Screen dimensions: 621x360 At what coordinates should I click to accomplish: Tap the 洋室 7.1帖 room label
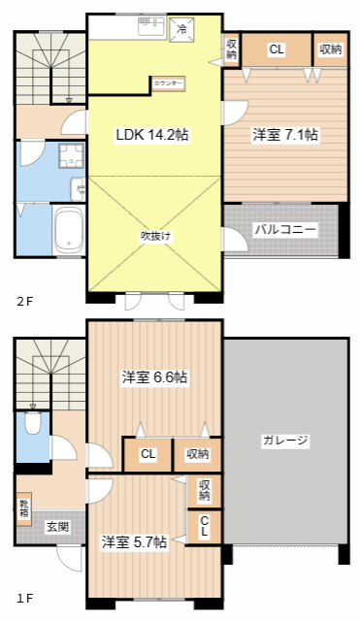point(285,136)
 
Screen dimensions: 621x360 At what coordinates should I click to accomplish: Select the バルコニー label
point(285,230)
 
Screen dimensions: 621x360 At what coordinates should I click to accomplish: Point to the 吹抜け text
point(155,235)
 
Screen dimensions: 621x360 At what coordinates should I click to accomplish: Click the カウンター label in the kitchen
point(167,84)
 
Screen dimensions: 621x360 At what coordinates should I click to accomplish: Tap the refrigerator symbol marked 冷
point(181,29)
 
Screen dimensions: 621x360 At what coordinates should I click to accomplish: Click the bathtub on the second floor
point(67,230)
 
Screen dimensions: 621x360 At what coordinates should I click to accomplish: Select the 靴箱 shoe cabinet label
point(23,507)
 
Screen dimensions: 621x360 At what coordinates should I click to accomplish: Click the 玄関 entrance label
point(57,527)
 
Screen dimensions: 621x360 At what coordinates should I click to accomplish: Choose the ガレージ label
point(285,441)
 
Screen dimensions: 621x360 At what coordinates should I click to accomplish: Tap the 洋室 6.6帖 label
point(154,376)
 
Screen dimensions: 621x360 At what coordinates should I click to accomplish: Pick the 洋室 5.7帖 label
point(134,541)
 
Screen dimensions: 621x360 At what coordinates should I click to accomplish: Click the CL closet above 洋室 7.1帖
point(277,49)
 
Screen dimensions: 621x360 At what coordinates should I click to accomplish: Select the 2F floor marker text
point(24,302)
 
